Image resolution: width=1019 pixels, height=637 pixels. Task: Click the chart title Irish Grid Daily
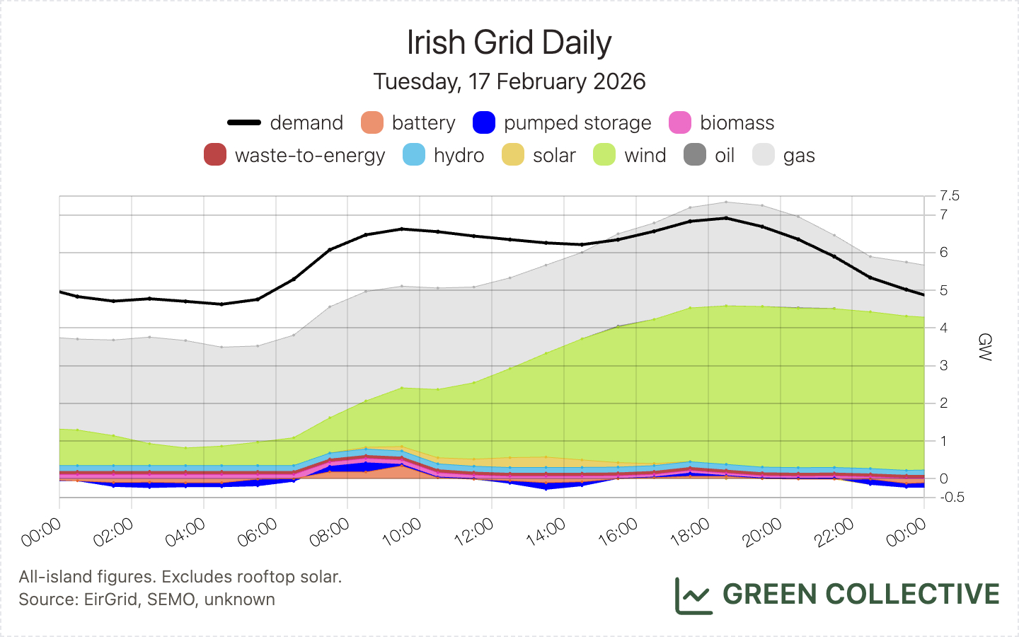coord(509,42)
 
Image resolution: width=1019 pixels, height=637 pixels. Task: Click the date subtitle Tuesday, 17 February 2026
coord(509,81)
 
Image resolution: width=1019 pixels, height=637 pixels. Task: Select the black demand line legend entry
coord(245,122)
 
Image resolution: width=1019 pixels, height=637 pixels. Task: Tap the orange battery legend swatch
coord(372,122)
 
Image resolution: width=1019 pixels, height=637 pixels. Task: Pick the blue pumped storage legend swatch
coord(484,122)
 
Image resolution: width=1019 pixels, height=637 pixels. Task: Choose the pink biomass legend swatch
coord(680,122)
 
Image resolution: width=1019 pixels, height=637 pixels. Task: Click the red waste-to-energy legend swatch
coord(215,155)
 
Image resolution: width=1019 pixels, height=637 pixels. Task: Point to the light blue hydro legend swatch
coord(414,155)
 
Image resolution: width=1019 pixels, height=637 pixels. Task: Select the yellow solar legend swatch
coord(513,155)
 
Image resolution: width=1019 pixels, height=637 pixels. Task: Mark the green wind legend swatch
coord(604,155)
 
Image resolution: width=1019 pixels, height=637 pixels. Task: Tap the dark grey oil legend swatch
coord(695,155)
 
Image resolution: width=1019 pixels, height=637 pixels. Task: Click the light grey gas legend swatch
coord(764,155)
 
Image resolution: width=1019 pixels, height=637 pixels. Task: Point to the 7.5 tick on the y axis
coord(950,195)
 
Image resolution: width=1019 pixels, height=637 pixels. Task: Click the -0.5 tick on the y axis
coord(952,497)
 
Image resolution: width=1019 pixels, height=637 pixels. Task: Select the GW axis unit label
coord(984,347)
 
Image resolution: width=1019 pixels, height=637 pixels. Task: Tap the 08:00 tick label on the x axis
coord(330,532)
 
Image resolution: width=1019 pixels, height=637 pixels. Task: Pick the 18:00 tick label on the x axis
coord(690,532)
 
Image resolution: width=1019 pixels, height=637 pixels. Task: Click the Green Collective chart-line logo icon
coord(693,595)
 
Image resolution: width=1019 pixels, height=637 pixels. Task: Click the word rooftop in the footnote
coord(265,577)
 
